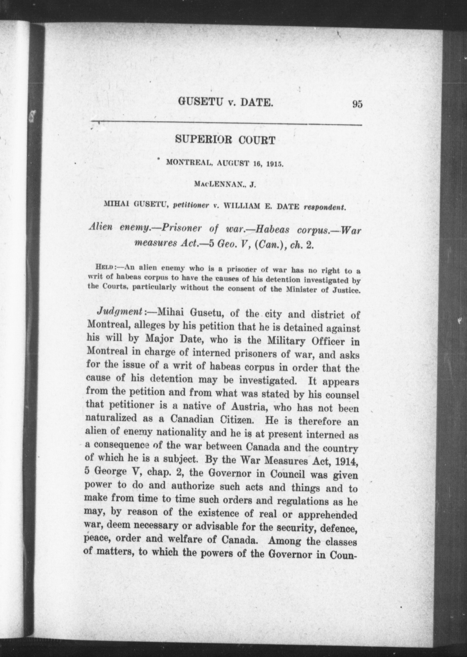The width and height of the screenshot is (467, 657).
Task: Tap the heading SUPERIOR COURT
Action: (x=225, y=140)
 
